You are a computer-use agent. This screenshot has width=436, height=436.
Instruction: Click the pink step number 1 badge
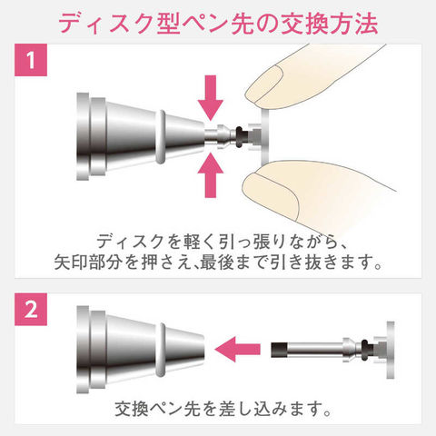(31, 60)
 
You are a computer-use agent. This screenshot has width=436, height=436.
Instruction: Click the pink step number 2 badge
(31, 309)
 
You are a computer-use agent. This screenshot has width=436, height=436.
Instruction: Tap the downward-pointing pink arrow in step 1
(211, 98)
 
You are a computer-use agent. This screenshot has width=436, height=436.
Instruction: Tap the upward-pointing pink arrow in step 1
(211, 175)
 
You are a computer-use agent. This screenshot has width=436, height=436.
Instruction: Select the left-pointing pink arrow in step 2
(238, 350)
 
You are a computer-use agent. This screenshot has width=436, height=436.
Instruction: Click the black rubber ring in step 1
(240, 137)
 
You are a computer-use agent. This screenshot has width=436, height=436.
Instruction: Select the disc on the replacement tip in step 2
(391, 350)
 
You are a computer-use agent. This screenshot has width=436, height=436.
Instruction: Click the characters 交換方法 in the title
(330, 24)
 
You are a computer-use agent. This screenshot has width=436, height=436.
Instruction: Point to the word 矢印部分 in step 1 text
(88, 263)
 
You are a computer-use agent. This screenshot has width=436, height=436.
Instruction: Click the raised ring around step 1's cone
(161, 137)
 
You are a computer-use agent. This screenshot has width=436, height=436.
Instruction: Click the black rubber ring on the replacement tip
(365, 350)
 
